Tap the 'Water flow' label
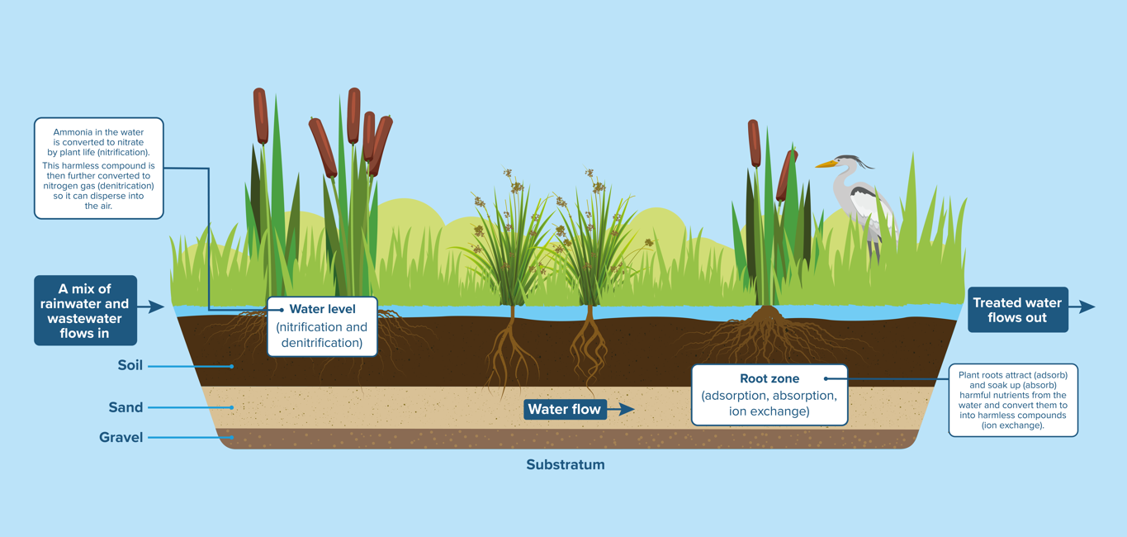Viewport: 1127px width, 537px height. coord(565,409)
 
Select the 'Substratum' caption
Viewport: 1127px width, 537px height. coord(566,464)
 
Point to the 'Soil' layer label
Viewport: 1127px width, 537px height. coord(130,365)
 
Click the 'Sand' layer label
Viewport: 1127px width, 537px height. coord(125,407)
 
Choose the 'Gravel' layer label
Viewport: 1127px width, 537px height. coord(121,437)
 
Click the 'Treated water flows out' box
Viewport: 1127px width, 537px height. coord(1017,310)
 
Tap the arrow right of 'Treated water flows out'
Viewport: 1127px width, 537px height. coord(1082,307)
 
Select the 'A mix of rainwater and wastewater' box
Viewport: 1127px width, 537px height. coord(85,311)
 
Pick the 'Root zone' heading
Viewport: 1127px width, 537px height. coord(769,378)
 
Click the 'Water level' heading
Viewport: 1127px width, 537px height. coord(322,309)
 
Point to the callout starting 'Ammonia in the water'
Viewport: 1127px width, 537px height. coord(99,169)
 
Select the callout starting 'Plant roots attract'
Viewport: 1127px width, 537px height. coord(1013,400)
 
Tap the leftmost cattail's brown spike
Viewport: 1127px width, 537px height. coord(261,116)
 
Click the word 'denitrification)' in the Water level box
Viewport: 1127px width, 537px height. coord(322,342)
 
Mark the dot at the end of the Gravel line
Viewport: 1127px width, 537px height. coord(232,438)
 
